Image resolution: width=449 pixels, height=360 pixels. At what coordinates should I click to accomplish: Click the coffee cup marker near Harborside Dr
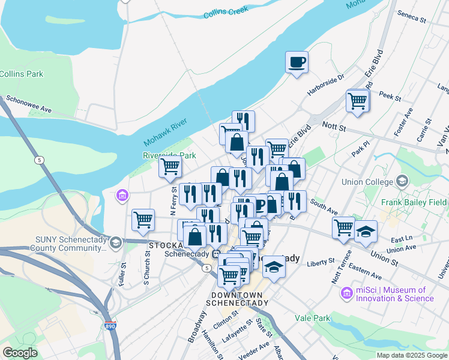tap(297, 62)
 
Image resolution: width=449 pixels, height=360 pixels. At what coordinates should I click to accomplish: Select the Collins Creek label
tap(226, 13)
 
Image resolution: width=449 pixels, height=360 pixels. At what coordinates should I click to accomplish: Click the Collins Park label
tap(21, 74)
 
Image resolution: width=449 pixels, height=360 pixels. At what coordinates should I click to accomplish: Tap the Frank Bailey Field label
tap(414, 202)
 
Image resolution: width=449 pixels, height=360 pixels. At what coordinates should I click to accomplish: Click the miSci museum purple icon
tap(346, 293)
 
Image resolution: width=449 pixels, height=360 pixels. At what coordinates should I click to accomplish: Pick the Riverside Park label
tap(169, 155)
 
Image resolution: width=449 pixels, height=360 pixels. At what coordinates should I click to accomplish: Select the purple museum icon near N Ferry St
tap(122, 196)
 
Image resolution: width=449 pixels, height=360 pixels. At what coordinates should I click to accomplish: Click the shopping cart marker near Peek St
tap(357, 100)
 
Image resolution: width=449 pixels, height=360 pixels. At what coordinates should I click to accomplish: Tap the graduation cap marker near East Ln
tap(365, 230)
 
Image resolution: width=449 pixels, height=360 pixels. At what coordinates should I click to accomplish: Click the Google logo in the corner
tap(20, 352)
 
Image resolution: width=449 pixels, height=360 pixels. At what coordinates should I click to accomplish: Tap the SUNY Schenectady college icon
tap(116, 243)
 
